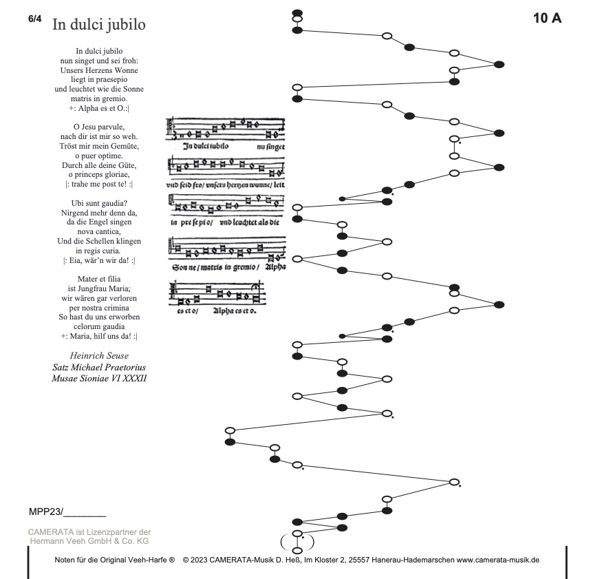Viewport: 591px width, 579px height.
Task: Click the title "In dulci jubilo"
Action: click(x=98, y=25)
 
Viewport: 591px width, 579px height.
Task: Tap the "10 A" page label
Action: click(x=547, y=19)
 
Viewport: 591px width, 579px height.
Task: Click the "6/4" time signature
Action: click(x=35, y=19)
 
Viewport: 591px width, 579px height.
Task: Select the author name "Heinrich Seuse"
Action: click(x=99, y=355)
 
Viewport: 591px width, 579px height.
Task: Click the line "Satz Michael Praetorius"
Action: click(x=99, y=367)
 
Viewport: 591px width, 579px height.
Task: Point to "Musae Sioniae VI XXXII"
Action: click(x=99, y=379)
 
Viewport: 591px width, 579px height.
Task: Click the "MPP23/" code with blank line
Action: click(x=67, y=512)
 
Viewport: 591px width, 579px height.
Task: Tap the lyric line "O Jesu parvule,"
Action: click(x=99, y=127)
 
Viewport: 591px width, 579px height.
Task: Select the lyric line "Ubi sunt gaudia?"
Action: click(x=99, y=203)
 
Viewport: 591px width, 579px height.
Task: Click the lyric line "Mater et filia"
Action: click(x=99, y=279)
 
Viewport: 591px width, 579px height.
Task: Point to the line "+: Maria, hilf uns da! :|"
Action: click(x=99, y=336)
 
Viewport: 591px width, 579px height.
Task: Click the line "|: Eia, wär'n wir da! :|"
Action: click(x=99, y=260)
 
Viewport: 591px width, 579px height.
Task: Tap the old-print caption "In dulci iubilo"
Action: click(x=211, y=146)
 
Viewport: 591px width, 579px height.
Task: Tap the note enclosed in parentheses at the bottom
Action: click(x=297, y=534)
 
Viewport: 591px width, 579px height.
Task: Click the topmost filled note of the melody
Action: click(x=297, y=13)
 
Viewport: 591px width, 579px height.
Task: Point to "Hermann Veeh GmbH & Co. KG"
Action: click(x=89, y=541)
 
